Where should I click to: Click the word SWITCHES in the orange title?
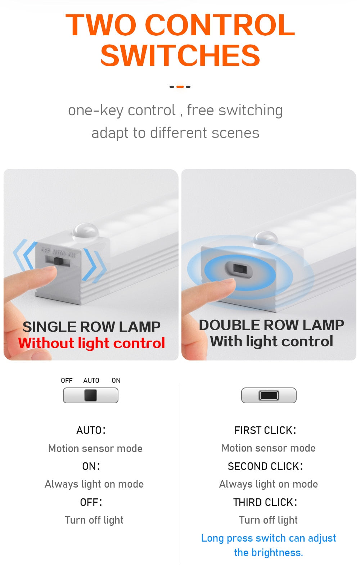(x=180, y=56)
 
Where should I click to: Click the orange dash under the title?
(x=180, y=87)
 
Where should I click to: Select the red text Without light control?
(x=92, y=343)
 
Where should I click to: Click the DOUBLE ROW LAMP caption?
(x=271, y=325)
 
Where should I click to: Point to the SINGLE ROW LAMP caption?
(x=91, y=327)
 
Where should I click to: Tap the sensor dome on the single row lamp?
(x=85, y=231)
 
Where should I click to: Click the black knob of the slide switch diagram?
(x=91, y=395)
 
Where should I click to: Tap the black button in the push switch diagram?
(x=269, y=395)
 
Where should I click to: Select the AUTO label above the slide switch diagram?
(x=91, y=381)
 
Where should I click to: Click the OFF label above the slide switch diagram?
(x=67, y=381)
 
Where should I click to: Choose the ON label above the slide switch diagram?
(x=116, y=381)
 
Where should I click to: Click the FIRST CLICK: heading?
(x=265, y=430)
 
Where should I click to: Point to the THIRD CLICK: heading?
(x=265, y=502)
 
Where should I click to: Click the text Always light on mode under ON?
(x=94, y=484)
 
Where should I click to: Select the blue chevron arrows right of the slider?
(x=95, y=265)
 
